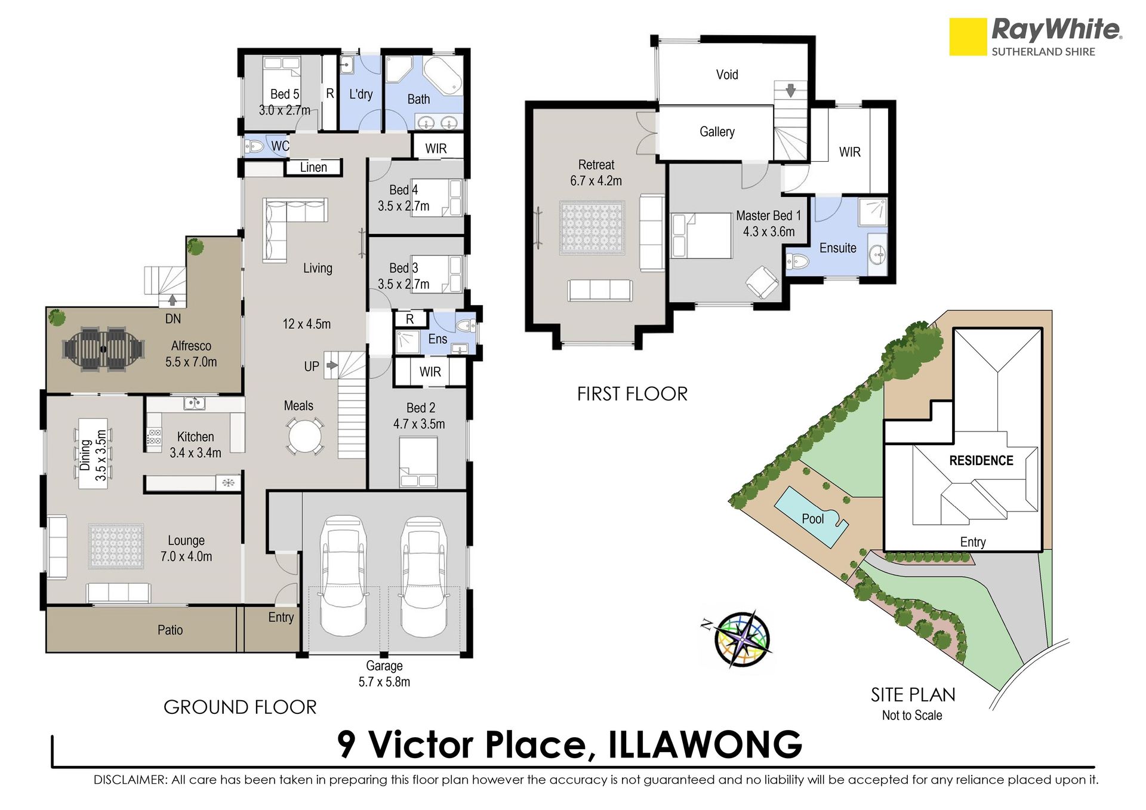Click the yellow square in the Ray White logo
[968, 36]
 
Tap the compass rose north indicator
[707, 625]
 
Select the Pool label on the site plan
[812, 519]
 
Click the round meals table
[304, 436]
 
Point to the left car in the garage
[343, 576]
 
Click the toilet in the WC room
[255, 146]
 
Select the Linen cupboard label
[313, 167]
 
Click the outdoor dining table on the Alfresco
[103, 349]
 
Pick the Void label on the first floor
[727, 75]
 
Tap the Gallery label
[717, 132]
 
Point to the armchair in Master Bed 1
[762, 281]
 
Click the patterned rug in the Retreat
[592, 227]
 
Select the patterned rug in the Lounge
[116, 546]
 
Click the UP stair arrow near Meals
[332, 365]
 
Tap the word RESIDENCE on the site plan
[981, 461]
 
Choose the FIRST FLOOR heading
[632, 394]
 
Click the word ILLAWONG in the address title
[705, 744]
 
